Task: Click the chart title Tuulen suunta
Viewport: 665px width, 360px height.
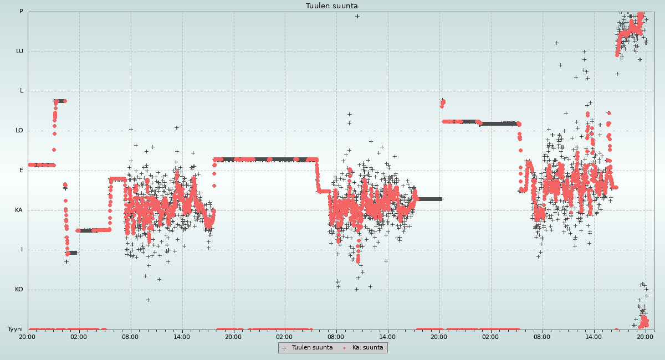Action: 332,6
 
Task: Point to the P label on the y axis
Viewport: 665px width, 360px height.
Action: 21,12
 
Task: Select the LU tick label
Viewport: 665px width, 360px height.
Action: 19,52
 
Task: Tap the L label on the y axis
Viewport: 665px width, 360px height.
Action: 22,91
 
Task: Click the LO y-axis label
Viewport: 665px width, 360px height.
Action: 19,131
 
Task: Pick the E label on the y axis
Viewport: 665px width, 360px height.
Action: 22,171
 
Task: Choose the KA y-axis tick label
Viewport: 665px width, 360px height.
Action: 19,210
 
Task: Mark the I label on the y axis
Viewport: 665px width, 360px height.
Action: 22,250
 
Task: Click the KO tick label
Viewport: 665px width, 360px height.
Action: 19,290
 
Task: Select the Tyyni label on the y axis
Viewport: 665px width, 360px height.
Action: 15,330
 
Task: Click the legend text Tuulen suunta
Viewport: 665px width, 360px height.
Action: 312,348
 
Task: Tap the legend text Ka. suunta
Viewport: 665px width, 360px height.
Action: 367,348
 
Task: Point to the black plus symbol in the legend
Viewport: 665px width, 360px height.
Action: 284,348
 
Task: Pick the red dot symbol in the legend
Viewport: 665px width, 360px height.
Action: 345,348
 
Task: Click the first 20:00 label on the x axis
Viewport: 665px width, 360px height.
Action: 27,337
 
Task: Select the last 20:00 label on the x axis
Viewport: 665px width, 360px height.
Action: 645,337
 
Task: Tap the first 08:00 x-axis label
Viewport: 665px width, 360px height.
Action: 130,337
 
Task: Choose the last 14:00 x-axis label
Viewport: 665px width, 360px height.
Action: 594,337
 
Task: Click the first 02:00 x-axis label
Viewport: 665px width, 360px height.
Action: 79,337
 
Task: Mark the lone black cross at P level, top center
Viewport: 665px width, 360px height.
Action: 357,16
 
